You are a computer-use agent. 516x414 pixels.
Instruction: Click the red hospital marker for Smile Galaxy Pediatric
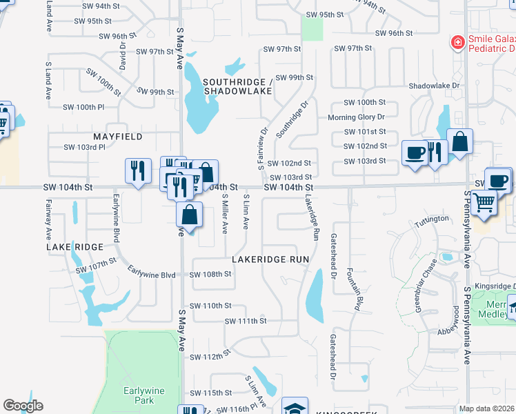pyautogui.click(x=457, y=43)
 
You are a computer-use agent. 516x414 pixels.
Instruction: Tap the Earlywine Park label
pyautogui.click(x=144, y=395)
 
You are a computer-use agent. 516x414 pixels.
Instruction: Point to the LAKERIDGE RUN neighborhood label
pyautogui.click(x=270, y=259)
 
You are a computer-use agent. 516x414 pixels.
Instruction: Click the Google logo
pyautogui.click(x=23, y=406)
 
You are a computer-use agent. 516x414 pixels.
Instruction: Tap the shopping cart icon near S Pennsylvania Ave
pyautogui.click(x=485, y=203)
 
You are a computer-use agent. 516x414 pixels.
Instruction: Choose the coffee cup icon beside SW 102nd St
pyautogui.click(x=415, y=152)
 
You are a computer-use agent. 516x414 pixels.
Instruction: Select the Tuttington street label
pyautogui.click(x=432, y=224)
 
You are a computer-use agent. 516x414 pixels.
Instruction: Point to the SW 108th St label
pyautogui.click(x=210, y=274)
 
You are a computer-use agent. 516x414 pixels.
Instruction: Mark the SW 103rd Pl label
pyautogui.click(x=84, y=147)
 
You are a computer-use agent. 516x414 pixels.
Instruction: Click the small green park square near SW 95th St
pyautogui.click(x=312, y=28)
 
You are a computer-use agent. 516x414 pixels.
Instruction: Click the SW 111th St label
pyautogui.click(x=246, y=321)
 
